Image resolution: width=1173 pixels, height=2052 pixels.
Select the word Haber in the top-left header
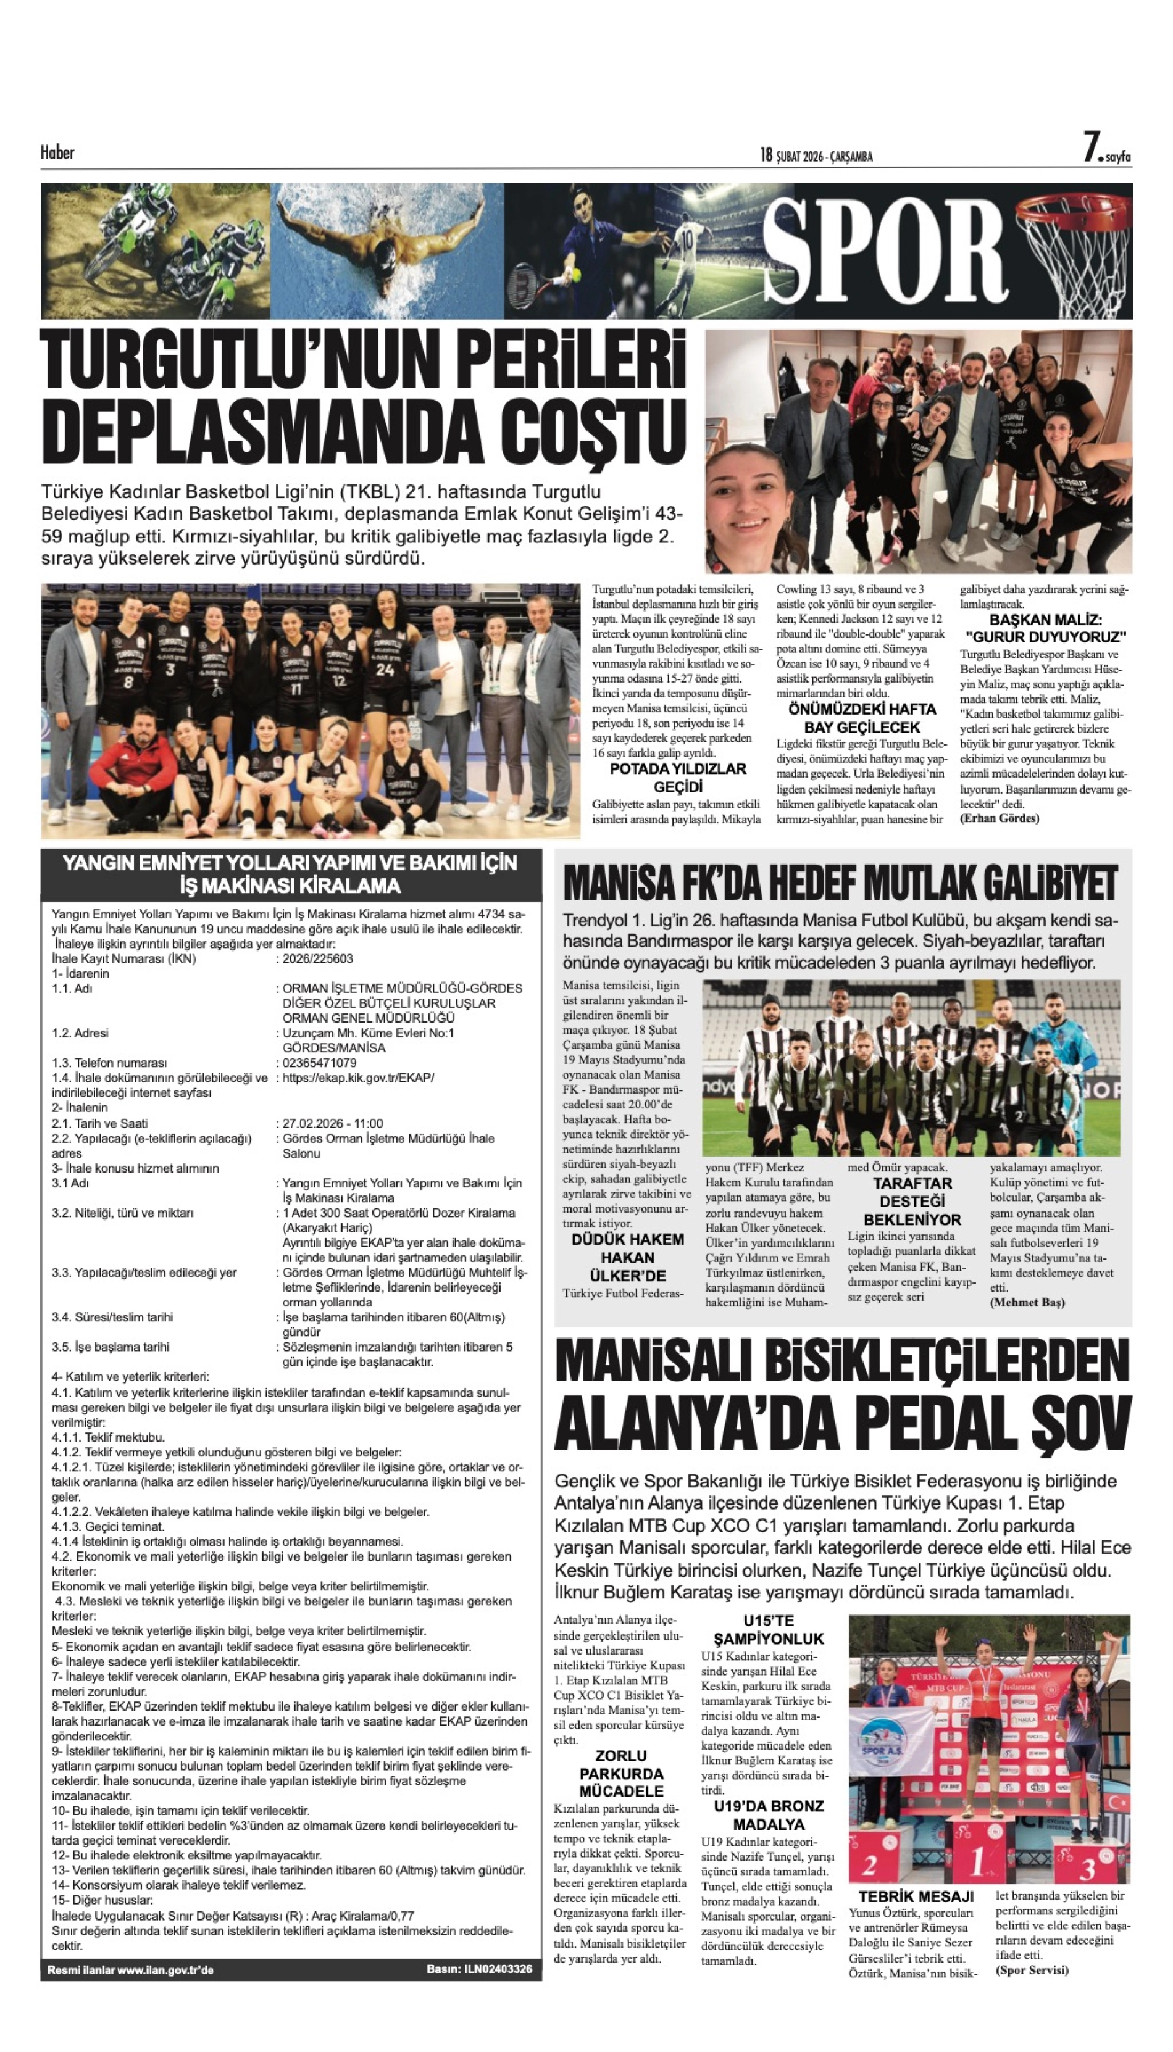tap(57, 152)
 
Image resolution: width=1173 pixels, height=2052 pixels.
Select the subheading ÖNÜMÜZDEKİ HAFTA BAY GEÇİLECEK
tap(861, 718)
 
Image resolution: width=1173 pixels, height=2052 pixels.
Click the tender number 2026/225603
tap(317, 958)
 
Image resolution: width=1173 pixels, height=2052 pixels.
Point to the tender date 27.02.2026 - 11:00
tap(333, 1123)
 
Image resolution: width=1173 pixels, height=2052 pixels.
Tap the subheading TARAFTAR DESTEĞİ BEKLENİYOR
tap(912, 1202)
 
